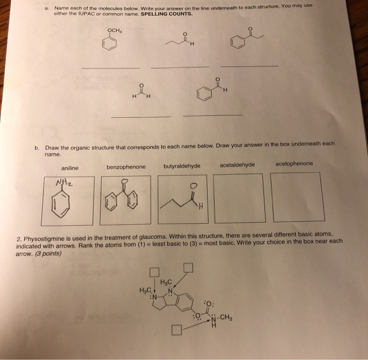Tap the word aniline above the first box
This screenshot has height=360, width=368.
coord(69,168)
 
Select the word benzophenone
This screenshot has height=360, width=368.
coord(126,167)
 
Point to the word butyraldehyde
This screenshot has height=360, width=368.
coord(182,166)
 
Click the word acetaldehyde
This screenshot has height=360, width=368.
coord(237,164)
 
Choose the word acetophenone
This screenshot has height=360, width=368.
coord(293,163)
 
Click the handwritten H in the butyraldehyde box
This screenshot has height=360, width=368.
coord(200,211)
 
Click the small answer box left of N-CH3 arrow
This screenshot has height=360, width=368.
coord(177,331)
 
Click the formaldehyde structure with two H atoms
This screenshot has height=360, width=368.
coord(141,91)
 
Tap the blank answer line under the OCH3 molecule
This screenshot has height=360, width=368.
coord(111,68)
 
